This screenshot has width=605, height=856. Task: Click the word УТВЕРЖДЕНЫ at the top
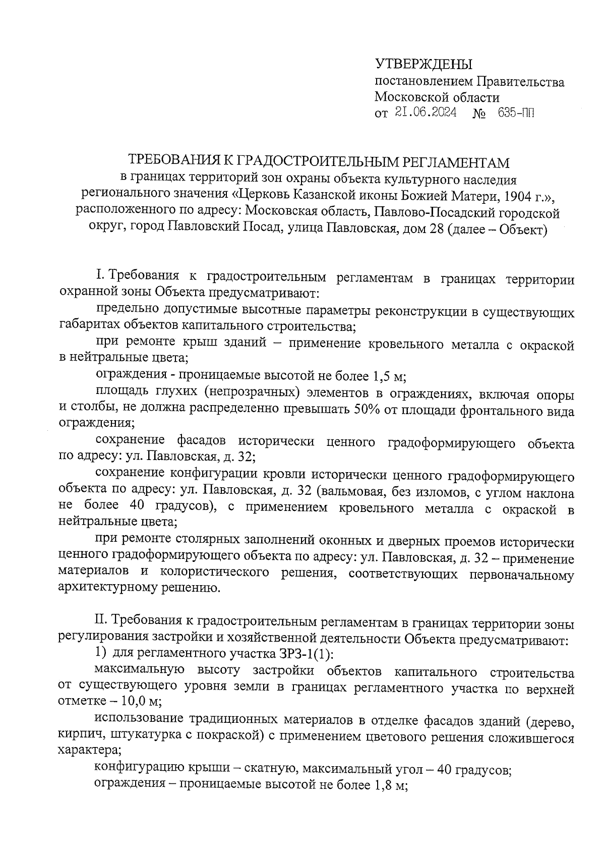point(423,65)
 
